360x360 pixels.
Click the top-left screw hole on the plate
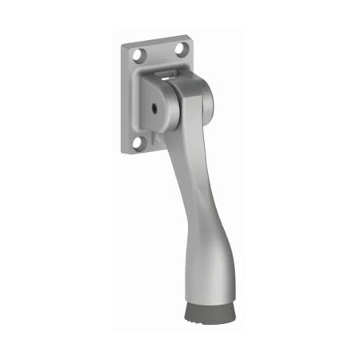(137, 56)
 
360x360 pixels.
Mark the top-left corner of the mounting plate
(124, 46)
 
